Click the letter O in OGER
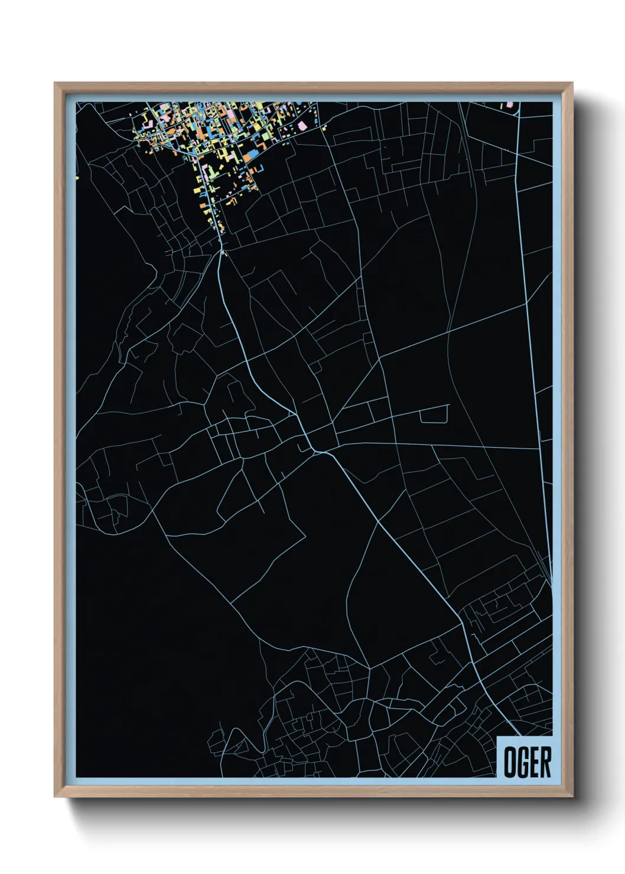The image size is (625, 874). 509,762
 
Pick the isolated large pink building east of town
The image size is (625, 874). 302,125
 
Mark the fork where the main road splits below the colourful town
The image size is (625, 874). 222,252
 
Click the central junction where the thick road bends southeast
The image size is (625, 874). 315,451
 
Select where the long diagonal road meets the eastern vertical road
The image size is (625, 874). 526,303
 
